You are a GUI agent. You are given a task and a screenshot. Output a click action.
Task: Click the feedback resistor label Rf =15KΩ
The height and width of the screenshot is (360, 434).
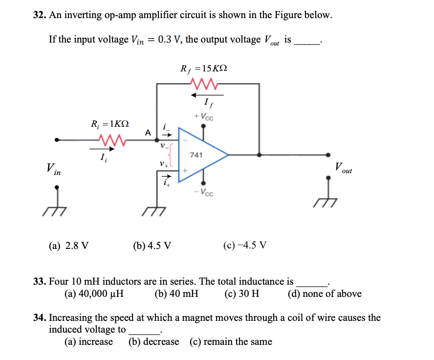(203, 69)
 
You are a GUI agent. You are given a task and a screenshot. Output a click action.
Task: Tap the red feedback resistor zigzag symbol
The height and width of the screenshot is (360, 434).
(207, 84)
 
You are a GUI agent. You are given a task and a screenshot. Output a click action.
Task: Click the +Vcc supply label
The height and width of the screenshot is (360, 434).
(204, 117)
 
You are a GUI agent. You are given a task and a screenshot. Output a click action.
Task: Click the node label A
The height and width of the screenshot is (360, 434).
(148, 132)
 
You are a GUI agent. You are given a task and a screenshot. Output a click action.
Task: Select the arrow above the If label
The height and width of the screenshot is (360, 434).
(207, 95)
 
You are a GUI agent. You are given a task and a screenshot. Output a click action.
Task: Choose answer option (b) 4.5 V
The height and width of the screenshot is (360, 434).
(152, 245)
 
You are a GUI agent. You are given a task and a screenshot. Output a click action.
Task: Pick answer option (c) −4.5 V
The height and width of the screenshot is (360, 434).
(244, 245)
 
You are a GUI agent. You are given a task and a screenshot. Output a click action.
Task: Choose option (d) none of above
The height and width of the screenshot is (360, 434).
(325, 294)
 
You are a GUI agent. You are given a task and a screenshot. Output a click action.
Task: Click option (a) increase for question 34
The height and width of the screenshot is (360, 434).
(88, 342)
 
